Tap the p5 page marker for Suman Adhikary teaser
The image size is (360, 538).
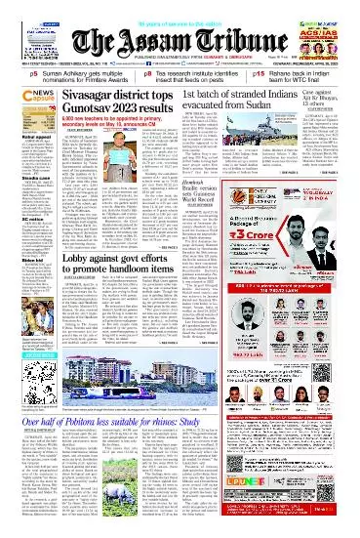[x=7, y=73]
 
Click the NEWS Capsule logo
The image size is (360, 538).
[x=20, y=101]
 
